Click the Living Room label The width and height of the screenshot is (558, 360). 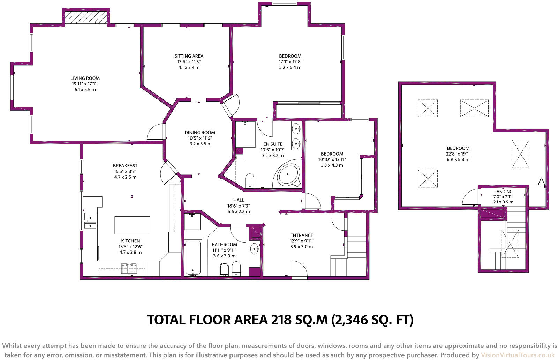(85, 78)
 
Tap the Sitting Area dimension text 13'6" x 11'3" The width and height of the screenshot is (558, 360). (189, 62)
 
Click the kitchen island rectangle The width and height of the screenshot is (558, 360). (132, 225)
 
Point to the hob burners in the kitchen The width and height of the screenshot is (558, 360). (129, 268)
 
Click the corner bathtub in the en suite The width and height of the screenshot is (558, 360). (288, 174)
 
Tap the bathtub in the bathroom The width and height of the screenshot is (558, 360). (193, 257)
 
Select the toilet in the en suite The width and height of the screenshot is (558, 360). (249, 181)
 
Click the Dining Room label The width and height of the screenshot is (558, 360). (200, 133)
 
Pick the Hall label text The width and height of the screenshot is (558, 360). (239, 200)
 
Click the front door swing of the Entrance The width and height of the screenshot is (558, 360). (299, 269)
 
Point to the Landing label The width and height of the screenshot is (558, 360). (503, 192)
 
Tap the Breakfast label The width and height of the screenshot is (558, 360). (125, 166)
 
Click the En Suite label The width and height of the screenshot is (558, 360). (273, 144)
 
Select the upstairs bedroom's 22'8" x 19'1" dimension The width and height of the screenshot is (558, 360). (458, 154)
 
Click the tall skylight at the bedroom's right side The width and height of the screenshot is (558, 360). (520, 153)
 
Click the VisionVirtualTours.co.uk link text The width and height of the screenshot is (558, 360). (518, 355)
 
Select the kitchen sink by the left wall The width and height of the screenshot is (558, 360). (90, 222)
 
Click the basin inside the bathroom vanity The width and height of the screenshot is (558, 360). (255, 249)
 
